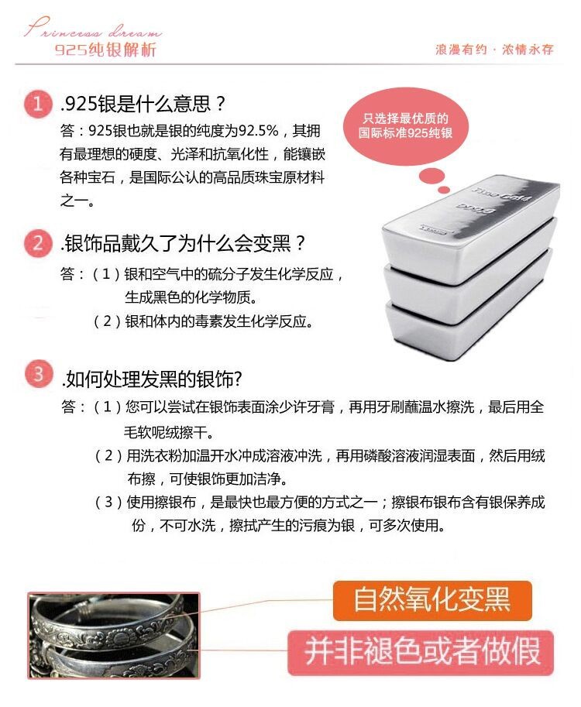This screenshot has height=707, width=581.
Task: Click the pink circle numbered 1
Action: tap(38, 105)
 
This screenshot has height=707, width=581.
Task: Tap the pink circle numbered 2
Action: tap(38, 243)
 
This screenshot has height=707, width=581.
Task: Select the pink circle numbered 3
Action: tap(38, 374)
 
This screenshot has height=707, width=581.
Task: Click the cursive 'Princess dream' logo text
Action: tap(92, 28)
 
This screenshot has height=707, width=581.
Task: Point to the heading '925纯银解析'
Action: tap(105, 49)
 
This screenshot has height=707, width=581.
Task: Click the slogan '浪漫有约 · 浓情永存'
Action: tap(494, 49)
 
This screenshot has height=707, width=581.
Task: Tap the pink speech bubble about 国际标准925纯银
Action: tap(405, 125)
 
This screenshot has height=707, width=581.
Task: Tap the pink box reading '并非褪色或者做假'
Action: tap(421, 652)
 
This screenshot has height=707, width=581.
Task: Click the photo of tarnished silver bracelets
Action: tap(114, 635)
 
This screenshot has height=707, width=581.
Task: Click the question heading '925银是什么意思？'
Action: tap(143, 104)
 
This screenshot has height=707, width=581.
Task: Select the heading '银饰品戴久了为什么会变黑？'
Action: tap(183, 243)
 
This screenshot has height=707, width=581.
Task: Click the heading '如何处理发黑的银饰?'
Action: tap(152, 379)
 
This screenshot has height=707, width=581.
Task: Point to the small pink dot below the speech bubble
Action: tap(444, 190)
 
